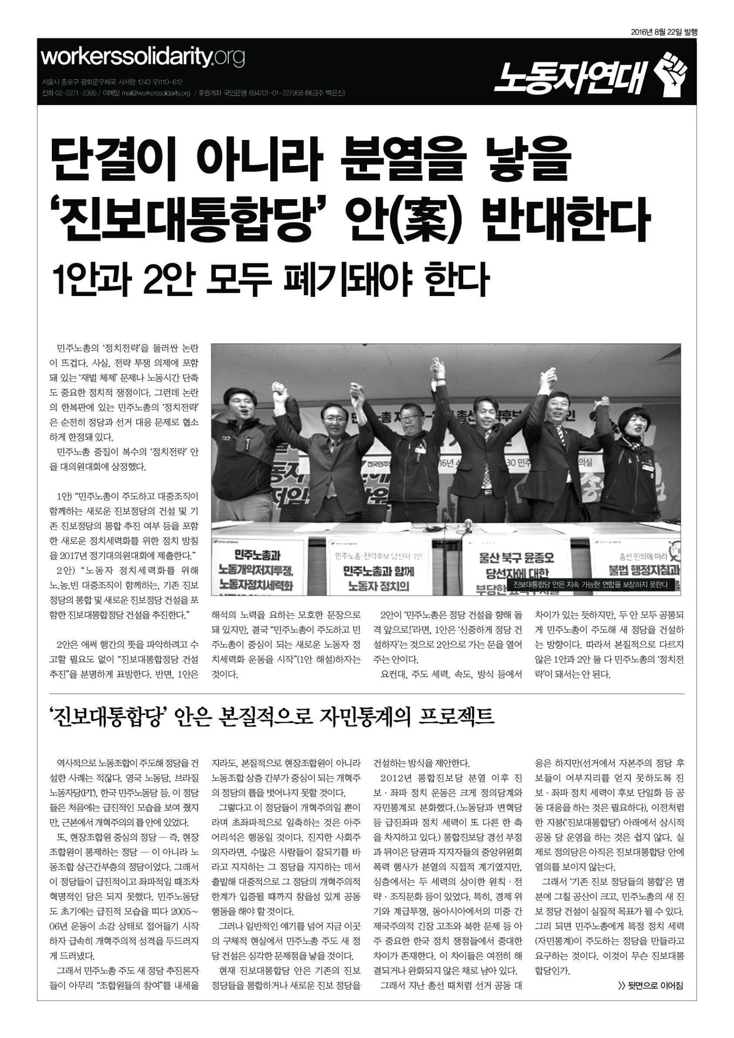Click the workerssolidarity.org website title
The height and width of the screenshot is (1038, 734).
pyautogui.click(x=143, y=58)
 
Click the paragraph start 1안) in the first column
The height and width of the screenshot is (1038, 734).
pyautogui.click(x=64, y=497)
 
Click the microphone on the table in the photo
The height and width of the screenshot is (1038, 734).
pyautogui.click(x=468, y=524)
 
